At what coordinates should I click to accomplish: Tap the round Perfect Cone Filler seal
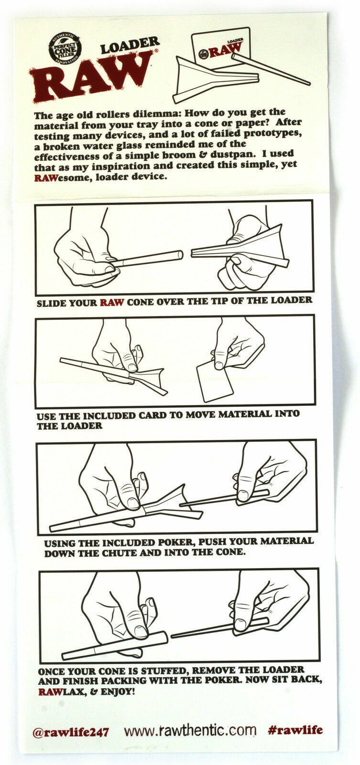[65, 48]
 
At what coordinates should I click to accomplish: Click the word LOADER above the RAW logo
[130, 46]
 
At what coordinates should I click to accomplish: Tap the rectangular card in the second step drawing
[215, 382]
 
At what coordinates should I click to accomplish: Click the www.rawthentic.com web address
[190, 729]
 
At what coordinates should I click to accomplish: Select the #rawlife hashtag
[295, 728]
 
